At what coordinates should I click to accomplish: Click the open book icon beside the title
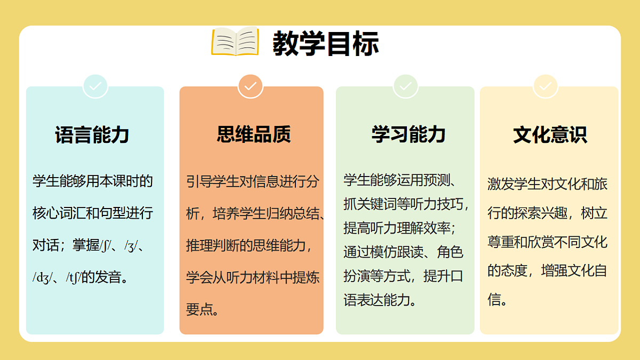click(235, 42)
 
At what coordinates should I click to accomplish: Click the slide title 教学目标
click(325, 43)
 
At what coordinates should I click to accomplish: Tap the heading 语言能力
click(92, 134)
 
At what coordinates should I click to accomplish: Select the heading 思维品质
click(254, 134)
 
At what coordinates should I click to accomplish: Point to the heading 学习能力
click(409, 134)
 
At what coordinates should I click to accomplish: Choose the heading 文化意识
click(550, 134)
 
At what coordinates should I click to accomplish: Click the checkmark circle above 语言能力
click(95, 86)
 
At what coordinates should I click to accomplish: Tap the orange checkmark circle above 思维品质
click(251, 86)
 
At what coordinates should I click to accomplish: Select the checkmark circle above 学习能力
click(405, 86)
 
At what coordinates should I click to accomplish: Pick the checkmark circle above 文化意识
click(546, 86)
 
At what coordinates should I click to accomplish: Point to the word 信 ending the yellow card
click(494, 299)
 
